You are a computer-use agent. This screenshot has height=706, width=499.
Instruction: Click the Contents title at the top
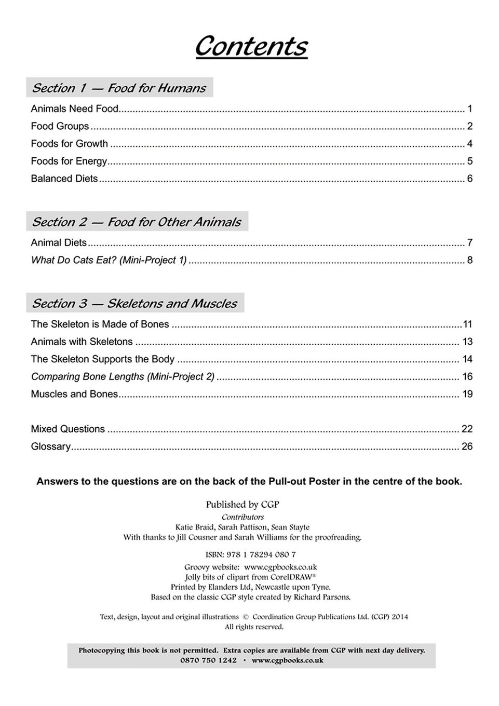tap(251, 46)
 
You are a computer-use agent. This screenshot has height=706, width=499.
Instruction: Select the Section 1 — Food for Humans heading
tap(119, 88)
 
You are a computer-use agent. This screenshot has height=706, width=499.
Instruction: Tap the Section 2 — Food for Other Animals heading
tap(137, 222)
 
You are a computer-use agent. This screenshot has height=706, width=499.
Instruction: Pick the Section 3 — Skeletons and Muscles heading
tap(134, 303)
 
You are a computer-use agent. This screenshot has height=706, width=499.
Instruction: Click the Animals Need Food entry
tap(75, 108)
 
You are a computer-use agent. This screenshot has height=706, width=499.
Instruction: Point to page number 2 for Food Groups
tap(469, 126)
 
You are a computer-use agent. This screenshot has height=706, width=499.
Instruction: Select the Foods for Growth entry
tap(70, 144)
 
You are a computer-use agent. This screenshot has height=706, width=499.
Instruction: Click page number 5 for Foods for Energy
tap(469, 161)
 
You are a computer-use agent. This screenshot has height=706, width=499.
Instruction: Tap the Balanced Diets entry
tap(64, 179)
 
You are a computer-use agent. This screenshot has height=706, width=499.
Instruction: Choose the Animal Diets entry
tap(59, 242)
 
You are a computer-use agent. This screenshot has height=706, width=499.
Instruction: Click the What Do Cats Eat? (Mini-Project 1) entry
tap(109, 260)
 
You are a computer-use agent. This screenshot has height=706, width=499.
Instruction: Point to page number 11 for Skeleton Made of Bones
tap(467, 324)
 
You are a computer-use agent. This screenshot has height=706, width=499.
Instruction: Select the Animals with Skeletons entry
tap(82, 342)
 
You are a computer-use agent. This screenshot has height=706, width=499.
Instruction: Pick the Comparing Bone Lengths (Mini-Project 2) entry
tap(123, 376)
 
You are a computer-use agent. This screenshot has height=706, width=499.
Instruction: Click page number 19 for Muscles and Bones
tap(467, 394)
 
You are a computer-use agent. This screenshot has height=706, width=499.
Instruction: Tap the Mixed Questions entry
tap(68, 429)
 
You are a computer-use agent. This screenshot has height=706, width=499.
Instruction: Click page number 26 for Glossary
tap(467, 446)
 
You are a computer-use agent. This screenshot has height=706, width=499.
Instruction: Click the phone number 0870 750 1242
tap(208, 660)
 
